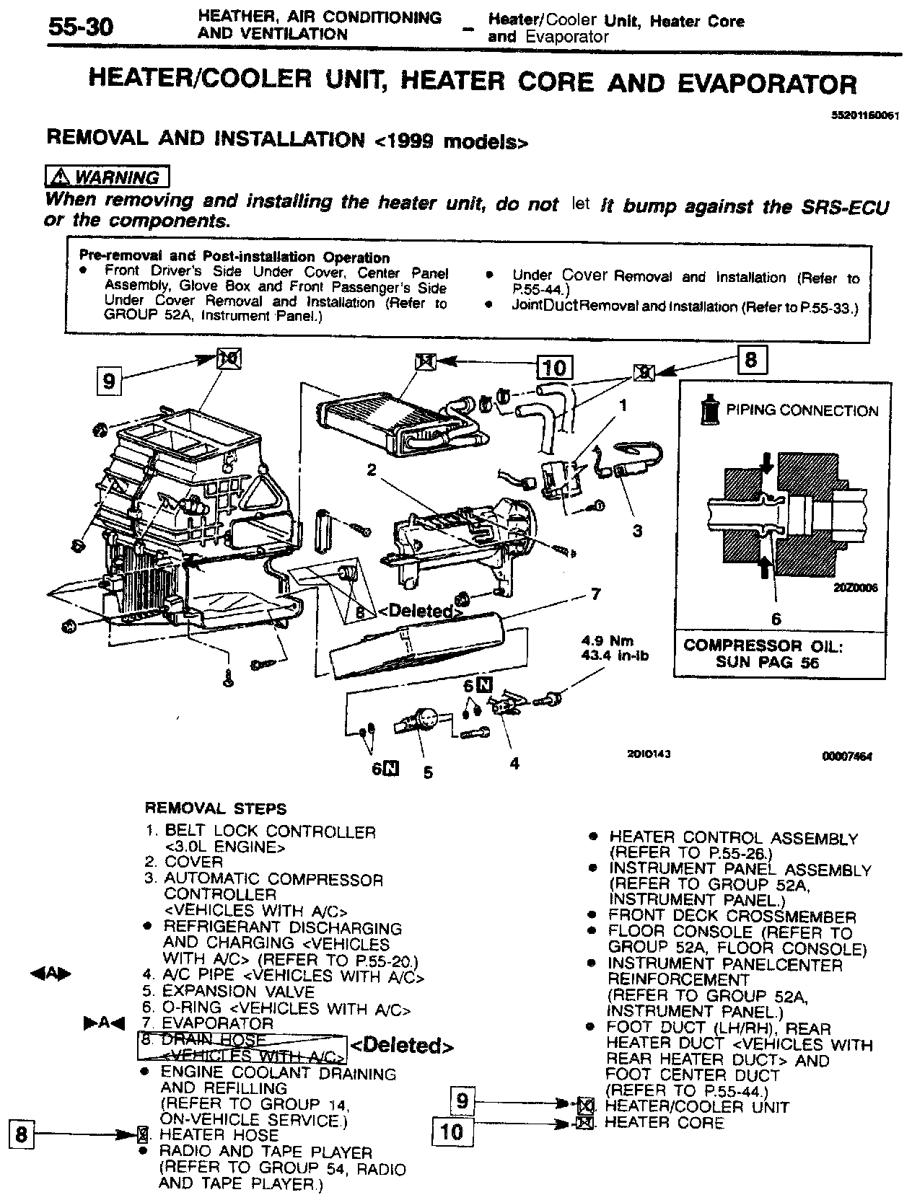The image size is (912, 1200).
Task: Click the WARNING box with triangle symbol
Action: [x=107, y=177]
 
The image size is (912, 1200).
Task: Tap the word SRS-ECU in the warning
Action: [x=845, y=207]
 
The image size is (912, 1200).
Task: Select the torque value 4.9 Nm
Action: [x=607, y=640]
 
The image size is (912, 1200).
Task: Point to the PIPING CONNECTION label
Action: [x=802, y=411]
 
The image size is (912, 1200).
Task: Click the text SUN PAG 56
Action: [x=768, y=663]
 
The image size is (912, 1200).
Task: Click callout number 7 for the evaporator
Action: [x=595, y=594]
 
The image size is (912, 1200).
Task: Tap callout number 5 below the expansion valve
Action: [x=428, y=772]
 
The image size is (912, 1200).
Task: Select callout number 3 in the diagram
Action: [x=637, y=531]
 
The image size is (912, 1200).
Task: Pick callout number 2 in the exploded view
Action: [x=372, y=470]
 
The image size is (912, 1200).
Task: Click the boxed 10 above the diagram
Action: [x=553, y=368]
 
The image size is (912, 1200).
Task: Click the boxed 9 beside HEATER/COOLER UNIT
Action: [x=462, y=1100]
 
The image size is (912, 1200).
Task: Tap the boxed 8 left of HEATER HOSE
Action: [x=21, y=1135]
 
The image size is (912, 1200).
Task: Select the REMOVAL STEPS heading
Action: [x=216, y=808]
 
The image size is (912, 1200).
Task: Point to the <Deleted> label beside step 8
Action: [x=402, y=1046]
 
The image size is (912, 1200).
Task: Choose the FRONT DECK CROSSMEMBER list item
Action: [x=732, y=917]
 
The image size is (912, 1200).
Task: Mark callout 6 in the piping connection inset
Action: [x=776, y=618]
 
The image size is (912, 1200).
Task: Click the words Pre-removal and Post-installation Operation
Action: [x=234, y=257]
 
